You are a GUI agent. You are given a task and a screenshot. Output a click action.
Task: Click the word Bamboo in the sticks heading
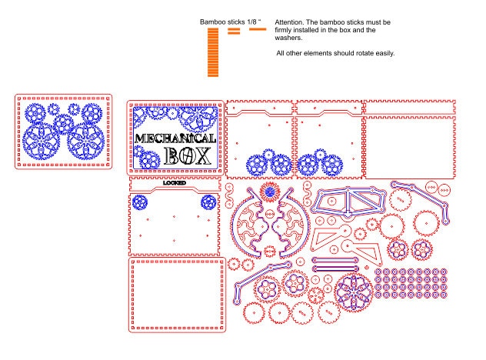pos(212,22)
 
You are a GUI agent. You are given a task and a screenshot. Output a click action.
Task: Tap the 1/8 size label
pos(251,22)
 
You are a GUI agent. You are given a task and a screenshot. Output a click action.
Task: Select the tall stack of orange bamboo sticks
pos(213,52)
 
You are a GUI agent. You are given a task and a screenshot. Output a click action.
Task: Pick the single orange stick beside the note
pos(258,29)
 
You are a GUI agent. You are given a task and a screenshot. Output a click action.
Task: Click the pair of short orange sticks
pos(234,31)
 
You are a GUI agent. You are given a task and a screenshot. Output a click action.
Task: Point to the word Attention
pos(289,22)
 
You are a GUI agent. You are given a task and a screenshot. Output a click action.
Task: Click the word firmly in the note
pos(283,30)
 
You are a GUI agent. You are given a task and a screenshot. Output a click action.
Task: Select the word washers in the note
pos(288,38)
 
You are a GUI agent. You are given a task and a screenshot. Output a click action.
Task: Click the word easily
pos(385,53)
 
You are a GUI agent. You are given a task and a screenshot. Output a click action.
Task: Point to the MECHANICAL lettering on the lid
pos(175,138)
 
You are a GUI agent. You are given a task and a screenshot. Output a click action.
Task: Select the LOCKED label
pos(175,183)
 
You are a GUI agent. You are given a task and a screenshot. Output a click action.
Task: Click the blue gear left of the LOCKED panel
pos(140,202)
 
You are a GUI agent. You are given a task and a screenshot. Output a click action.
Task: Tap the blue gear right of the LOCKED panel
pos(208,202)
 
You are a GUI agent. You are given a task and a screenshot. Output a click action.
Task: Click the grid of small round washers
pos(411,283)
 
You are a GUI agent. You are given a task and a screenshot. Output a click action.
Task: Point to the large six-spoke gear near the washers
pos(354,292)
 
